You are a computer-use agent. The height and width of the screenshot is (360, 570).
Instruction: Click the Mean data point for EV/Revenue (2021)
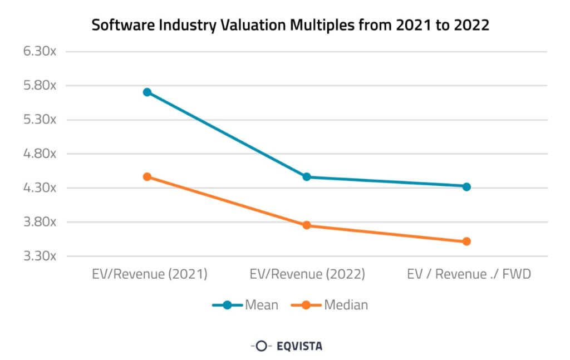pyautogui.click(x=147, y=92)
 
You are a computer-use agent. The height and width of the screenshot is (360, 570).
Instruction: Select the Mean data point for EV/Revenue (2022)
pyautogui.click(x=307, y=177)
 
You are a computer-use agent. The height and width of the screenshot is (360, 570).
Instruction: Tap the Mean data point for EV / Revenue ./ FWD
pyautogui.click(x=466, y=186)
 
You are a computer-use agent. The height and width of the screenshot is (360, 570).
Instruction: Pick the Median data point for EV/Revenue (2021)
pyautogui.click(x=147, y=177)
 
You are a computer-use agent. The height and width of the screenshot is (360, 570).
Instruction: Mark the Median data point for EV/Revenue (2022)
pyautogui.click(x=307, y=225)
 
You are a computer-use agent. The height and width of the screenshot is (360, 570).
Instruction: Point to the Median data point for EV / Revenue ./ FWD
pyautogui.click(x=466, y=241)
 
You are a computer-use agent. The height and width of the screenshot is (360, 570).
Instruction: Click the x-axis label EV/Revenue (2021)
pyautogui.click(x=149, y=274)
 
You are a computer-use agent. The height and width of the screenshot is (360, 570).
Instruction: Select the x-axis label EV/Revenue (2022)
pyautogui.click(x=307, y=274)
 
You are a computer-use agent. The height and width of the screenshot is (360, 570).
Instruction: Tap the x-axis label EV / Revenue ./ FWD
pyautogui.click(x=469, y=274)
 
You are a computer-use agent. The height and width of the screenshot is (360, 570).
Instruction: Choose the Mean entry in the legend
pyautogui.click(x=245, y=305)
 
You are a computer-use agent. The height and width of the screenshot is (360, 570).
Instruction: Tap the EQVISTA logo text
pyautogui.click(x=299, y=346)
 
